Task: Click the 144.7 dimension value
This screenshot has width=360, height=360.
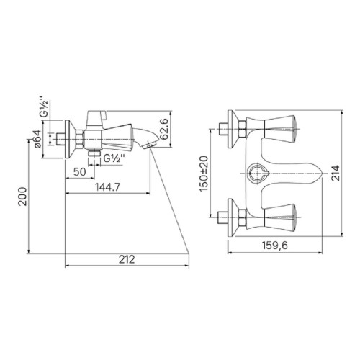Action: [107, 187]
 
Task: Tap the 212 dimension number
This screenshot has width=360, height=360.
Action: [127, 259]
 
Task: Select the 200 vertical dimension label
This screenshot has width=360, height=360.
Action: [23, 197]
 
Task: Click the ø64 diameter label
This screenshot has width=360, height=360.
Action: [37, 139]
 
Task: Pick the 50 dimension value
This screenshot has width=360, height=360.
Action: [80, 172]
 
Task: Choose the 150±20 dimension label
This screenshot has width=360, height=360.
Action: [204, 174]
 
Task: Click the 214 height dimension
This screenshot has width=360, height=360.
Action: [336, 173]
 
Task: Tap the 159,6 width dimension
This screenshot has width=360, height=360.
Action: [274, 246]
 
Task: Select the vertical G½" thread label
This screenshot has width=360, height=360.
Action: [45, 107]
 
